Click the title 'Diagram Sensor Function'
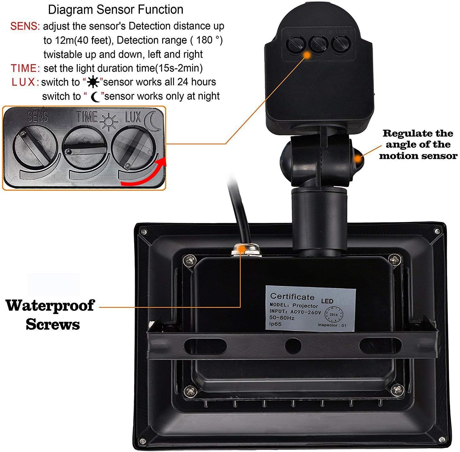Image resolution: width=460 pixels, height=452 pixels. pyautogui.click(x=116, y=10)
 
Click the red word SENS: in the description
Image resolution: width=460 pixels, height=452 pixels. pyautogui.click(x=25, y=26)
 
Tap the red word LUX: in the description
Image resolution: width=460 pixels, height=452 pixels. pyautogui.click(x=25, y=82)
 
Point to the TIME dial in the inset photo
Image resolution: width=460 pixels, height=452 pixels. pyautogui.click(x=85, y=147)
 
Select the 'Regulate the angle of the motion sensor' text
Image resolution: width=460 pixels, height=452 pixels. pyautogui.click(x=418, y=145)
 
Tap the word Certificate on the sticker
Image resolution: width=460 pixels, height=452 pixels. pyautogui.click(x=292, y=297)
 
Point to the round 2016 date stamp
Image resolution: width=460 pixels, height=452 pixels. pyautogui.click(x=333, y=314)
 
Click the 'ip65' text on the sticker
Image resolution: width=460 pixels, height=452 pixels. pyautogui.click(x=276, y=324)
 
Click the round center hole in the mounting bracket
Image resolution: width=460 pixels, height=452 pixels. pyautogui.click(x=293, y=345)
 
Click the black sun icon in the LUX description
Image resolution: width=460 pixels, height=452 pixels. pyautogui.click(x=93, y=82)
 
